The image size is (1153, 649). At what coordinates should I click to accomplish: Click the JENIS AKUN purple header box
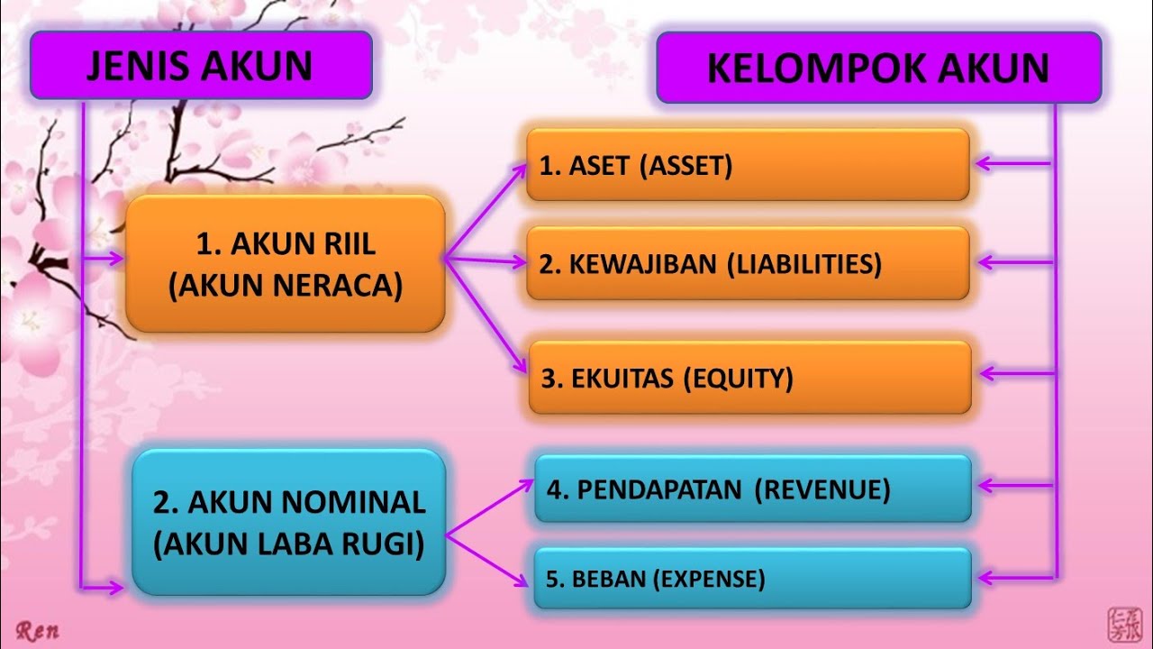(x=200, y=65)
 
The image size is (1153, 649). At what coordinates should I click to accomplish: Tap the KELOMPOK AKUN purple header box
(x=878, y=68)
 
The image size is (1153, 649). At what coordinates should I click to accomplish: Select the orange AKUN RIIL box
(x=286, y=263)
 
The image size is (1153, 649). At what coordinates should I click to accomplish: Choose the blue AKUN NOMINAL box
(x=288, y=523)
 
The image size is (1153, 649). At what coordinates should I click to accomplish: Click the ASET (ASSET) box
(x=748, y=165)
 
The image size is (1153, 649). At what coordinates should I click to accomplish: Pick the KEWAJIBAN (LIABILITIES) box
(x=748, y=263)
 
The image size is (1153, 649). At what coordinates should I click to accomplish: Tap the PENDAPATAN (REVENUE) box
(x=753, y=489)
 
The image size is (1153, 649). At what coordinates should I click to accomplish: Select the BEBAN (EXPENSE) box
(x=753, y=578)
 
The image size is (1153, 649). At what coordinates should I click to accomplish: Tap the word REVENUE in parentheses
(x=822, y=489)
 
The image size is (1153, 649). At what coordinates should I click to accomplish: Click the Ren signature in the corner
(x=37, y=631)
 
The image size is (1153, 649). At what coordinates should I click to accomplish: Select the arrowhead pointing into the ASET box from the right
(x=983, y=164)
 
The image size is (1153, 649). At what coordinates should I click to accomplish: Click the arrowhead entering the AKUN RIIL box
(x=118, y=259)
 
